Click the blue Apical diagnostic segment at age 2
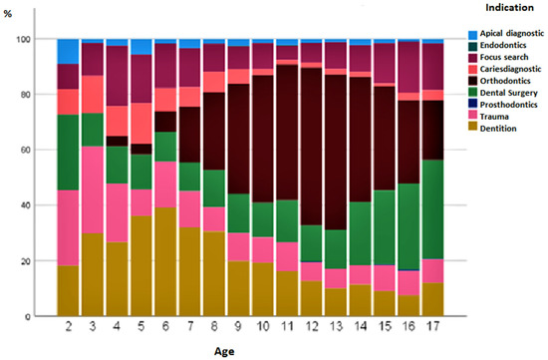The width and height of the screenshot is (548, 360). [68, 51]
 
